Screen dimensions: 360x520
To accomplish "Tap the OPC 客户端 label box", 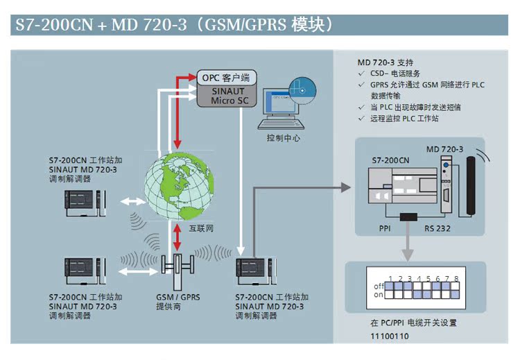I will click(x=225, y=77).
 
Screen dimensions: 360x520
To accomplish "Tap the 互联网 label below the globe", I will click(x=200, y=228).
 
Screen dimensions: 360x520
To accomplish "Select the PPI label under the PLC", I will click(x=386, y=228).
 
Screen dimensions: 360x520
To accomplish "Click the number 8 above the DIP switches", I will click(x=456, y=278).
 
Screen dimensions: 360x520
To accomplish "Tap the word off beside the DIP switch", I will click(x=379, y=286).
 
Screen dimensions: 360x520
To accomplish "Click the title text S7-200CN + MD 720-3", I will click(x=101, y=26).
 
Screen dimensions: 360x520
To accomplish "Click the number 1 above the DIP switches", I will click(x=391, y=278).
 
